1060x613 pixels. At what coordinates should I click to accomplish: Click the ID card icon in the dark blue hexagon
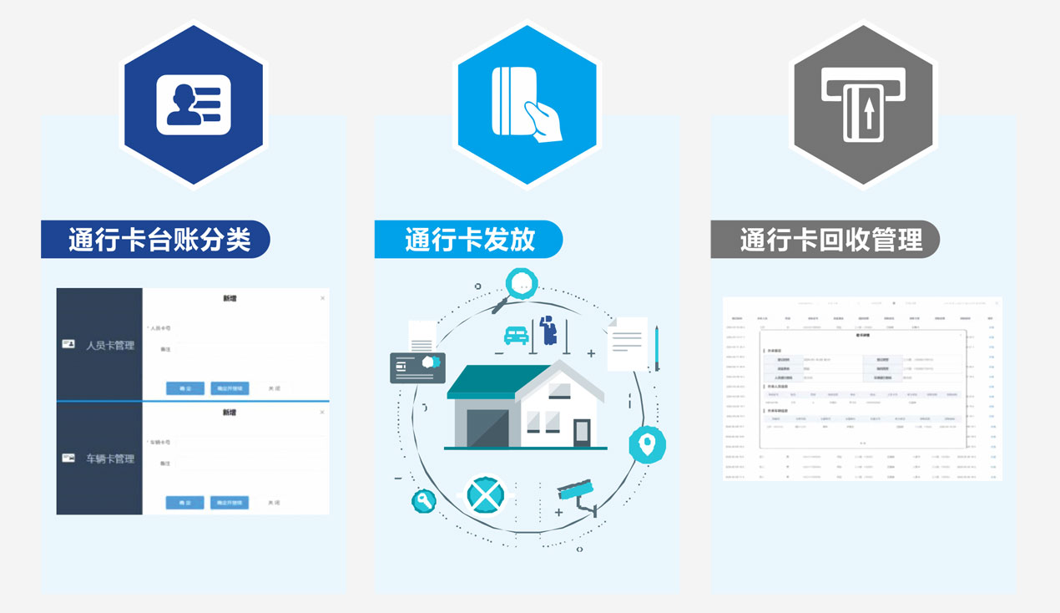[x=194, y=105]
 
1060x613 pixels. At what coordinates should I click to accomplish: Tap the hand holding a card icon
[x=527, y=104]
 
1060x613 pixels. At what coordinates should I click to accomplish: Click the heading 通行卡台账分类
[x=159, y=240]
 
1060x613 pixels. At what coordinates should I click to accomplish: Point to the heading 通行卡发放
[x=469, y=240]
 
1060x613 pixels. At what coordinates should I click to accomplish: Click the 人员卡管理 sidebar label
[x=109, y=345]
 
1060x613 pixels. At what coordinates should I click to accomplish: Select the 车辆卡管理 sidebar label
[x=109, y=458]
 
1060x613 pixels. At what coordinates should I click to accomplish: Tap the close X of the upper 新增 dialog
[x=323, y=298]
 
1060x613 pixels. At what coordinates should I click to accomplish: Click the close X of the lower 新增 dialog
[x=323, y=412]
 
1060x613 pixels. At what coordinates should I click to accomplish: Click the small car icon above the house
[x=516, y=335]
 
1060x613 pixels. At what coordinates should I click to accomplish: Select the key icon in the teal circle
[x=423, y=501]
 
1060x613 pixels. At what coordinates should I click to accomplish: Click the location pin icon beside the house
[x=646, y=444]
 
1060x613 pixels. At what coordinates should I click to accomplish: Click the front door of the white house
[x=581, y=432]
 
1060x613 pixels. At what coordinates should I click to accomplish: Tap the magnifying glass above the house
[x=519, y=286]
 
